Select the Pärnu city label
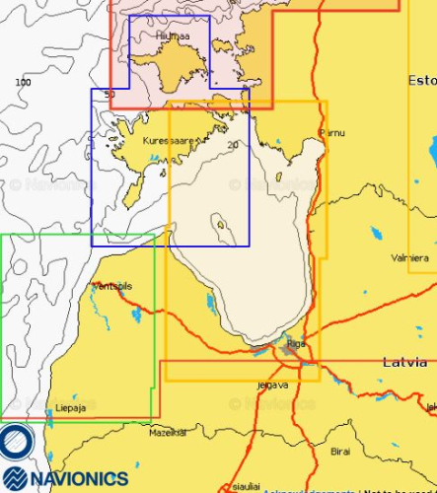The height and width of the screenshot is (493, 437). pyautogui.click(x=332, y=132)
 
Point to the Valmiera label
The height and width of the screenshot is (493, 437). pyautogui.click(x=409, y=257)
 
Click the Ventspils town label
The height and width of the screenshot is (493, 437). pyautogui.click(x=109, y=286)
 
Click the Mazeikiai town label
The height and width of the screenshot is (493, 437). pyautogui.click(x=167, y=433)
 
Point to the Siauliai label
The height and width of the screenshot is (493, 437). pyautogui.click(x=247, y=486)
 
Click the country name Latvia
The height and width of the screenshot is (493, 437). pyautogui.click(x=404, y=363)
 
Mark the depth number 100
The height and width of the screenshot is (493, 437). pyautogui.click(x=23, y=82)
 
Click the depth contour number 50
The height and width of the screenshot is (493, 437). pyautogui.click(x=109, y=94)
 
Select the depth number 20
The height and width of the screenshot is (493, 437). pyautogui.click(x=233, y=146)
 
